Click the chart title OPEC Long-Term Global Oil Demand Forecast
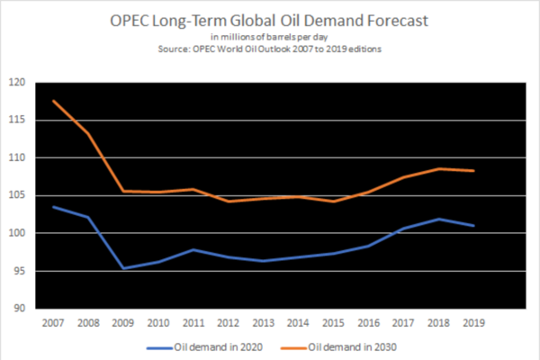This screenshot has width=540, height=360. click(x=269, y=21)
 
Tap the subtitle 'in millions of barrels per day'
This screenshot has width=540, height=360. click(x=269, y=37)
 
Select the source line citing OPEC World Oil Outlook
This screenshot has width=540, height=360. click(x=270, y=49)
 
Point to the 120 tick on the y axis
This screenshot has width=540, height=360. click(x=17, y=82)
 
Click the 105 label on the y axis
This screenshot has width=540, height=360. click(x=17, y=195)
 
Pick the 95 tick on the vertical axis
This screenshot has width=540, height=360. click(x=20, y=271)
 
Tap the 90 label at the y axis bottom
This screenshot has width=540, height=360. click(x=20, y=308)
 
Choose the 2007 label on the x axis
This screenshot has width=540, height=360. click(x=53, y=323)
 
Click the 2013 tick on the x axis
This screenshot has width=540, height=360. click(x=264, y=323)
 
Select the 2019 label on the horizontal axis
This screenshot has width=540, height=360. click(x=474, y=323)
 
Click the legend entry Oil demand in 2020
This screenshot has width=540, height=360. click(x=204, y=347)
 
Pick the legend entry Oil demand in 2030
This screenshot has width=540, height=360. click(x=339, y=347)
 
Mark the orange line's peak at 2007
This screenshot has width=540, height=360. click(x=53, y=101)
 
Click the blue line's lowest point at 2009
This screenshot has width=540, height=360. click(x=123, y=268)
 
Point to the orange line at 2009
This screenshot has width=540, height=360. click(x=123, y=191)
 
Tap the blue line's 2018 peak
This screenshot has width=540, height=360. click(x=439, y=219)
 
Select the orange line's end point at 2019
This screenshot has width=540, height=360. click(x=474, y=170)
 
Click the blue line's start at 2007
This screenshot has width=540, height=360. click(x=53, y=207)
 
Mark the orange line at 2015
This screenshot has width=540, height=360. click(x=334, y=202)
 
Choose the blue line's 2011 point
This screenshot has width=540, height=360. click(x=193, y=250)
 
